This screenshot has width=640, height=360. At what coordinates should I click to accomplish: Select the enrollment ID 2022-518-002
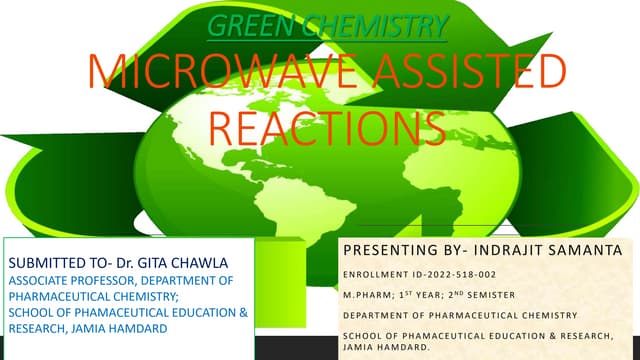(x=440, y=273)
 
